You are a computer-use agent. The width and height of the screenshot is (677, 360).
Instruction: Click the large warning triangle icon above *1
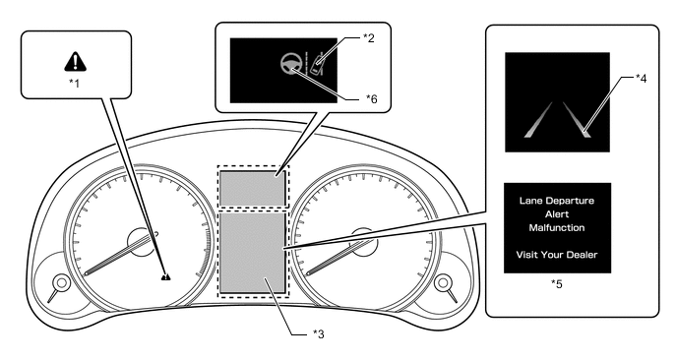point(75,62)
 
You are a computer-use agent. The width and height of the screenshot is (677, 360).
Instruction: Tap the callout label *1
point(74,83)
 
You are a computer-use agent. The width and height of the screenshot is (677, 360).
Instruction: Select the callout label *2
point(368,38)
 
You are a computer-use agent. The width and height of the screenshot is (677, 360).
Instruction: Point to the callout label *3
point(318,333)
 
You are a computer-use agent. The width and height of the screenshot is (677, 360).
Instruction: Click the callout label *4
point(642,78)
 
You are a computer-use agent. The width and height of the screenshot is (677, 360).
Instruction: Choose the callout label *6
point(371,98)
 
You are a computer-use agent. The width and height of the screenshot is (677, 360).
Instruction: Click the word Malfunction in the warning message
point(557,227)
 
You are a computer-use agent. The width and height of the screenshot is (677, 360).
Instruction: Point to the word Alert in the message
point(557,214)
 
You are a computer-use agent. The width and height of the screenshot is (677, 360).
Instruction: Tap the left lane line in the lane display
point(539,120)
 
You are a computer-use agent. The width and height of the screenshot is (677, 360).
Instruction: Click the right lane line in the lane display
point(577,120)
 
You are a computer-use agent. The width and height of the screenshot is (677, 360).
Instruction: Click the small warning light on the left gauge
point(165,276)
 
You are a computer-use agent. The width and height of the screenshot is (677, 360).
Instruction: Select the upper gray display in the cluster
point(253,188)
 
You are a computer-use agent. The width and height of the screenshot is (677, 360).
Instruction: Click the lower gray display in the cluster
point(253,253)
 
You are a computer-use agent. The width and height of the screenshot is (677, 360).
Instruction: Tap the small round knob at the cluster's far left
point(61,282)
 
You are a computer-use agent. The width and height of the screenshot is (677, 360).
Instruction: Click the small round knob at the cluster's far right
point(443,282)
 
